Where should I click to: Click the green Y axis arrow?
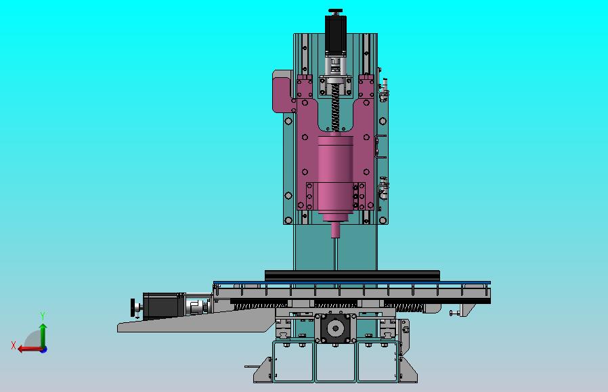(x=43, y=334)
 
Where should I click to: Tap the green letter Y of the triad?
(x=43, y=316)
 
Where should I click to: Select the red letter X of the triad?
(x=14, y=345)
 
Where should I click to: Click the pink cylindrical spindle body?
(x=336, y=173)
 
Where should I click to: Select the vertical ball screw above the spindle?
(x=336, y=112)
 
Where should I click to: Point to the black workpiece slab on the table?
(x=352, y=275)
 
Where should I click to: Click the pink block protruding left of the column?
(x=282, y=91)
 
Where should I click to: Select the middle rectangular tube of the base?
(x=335, y=362)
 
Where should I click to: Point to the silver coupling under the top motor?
(x=336, y=66)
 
